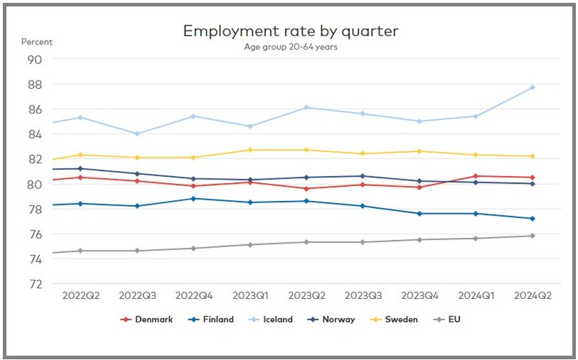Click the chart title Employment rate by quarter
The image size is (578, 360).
point(291,31)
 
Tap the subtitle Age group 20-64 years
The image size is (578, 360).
point(291,47)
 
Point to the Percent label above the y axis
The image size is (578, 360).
point(37,41)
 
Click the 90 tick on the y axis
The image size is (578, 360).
point(35,59)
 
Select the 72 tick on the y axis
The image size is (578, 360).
point(35,284)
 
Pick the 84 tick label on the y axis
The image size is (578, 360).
point(35,134)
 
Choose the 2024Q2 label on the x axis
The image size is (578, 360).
point(532,296)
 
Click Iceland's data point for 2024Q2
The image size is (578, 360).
point(532,87)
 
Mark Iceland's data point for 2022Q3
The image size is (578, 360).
point(136,134)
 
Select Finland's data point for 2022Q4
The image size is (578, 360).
point(193,199)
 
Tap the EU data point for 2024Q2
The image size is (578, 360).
point(532,236)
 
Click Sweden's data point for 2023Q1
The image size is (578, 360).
point(249,150)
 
